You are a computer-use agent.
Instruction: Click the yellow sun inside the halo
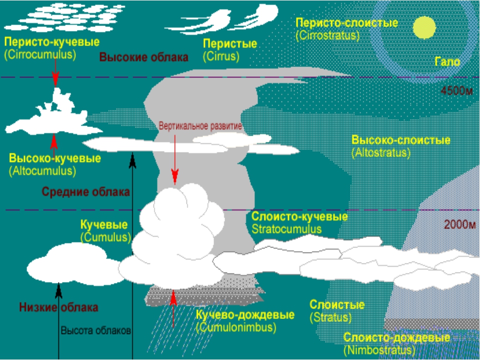[x=424, y=27]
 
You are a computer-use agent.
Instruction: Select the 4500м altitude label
[x=457, y=91]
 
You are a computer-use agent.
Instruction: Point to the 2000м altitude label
[x=459, y=224]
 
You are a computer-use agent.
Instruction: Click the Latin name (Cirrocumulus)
[x=40, y=55]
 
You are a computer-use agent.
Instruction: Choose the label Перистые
[x=229, y=44]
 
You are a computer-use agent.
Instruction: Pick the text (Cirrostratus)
[x=327, y=35]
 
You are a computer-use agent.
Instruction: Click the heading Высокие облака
[x=143, y=56]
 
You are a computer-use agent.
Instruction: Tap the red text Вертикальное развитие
[x=200, y=126]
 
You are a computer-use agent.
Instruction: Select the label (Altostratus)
[x=381, y=152]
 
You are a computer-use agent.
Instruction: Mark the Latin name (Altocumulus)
[x=42, y=171]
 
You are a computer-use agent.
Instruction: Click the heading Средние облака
[x=86, y=191]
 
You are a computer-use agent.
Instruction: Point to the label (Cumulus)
[x=105, y=237]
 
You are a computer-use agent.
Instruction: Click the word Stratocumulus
[x=287, y=229]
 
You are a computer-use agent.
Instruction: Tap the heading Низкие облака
[x=58, y=307]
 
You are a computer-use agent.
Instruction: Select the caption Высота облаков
[x=96, y=330]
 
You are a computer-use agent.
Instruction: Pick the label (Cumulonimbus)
[x=236, y=327]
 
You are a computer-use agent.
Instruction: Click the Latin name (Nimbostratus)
[x=379, y=350]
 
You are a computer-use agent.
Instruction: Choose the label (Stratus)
[x=330, y=317]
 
